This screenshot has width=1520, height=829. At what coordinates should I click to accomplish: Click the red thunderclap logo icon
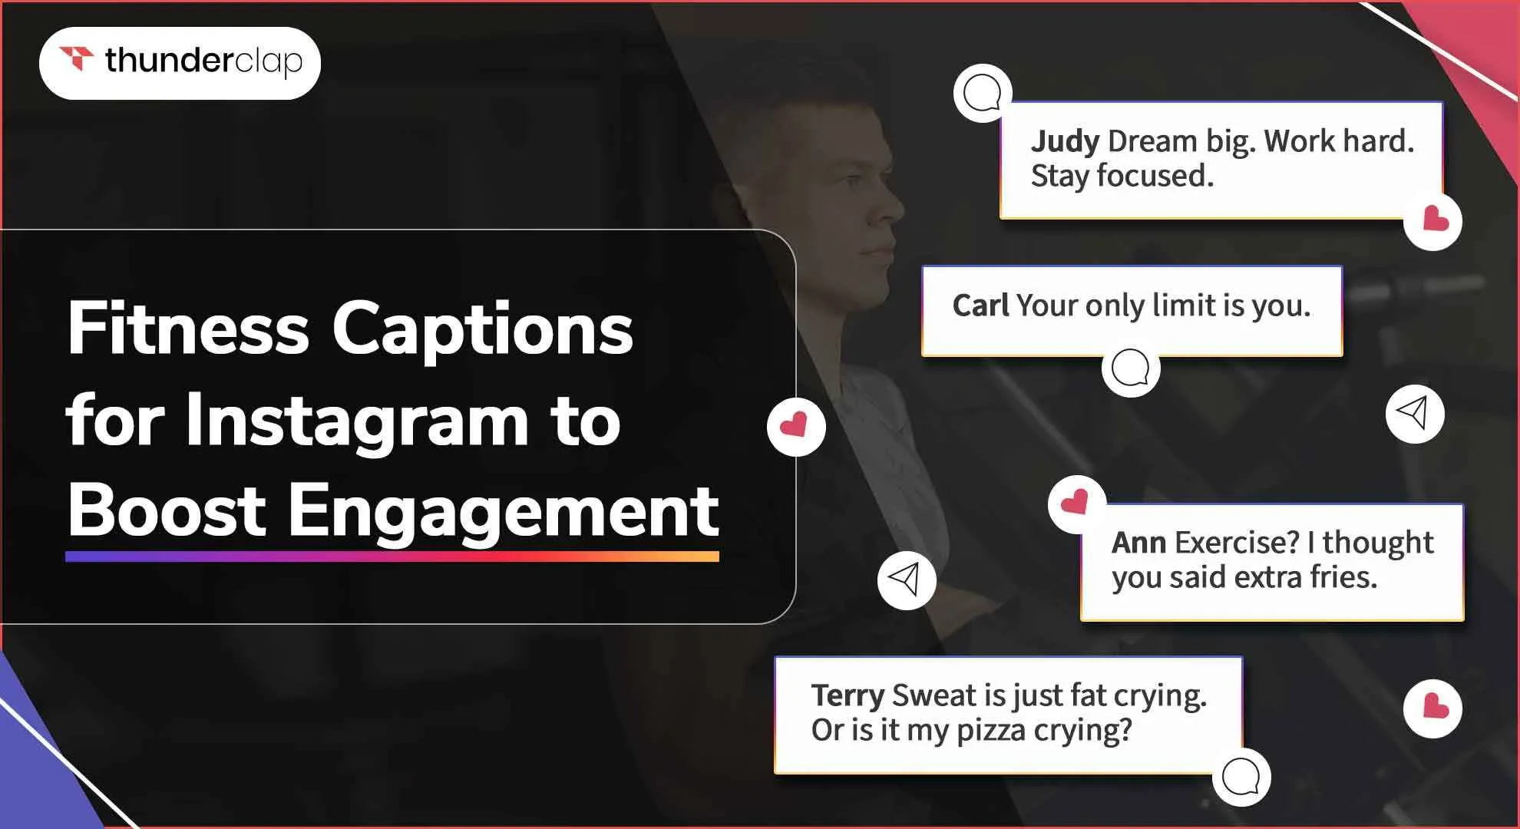[76, 58]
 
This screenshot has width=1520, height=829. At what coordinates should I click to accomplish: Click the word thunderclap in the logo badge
[203, 61]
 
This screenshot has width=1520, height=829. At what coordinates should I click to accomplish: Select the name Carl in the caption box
[980, 306]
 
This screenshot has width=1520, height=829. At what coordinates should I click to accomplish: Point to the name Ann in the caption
[1138, 543]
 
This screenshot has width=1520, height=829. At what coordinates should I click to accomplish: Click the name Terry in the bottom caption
[848, 696]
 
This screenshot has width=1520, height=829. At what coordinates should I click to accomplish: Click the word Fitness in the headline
[189, 329]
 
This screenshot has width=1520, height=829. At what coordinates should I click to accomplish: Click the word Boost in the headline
[167, 510]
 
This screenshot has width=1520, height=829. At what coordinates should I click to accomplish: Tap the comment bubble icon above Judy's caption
[982, 93]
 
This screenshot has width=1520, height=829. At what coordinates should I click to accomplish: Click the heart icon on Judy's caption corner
[1432, 221]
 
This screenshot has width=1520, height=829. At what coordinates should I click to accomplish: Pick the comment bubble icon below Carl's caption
[1130, 368]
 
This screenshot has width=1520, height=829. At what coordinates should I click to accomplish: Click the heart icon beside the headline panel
[796, 427]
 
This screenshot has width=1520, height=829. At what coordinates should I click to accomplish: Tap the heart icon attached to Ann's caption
[1076, 504]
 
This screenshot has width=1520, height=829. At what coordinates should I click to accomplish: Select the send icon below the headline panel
[907, 580]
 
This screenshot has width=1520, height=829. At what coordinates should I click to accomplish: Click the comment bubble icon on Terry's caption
[1241, 777]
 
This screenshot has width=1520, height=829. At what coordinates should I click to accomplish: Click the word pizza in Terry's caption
[991, 730]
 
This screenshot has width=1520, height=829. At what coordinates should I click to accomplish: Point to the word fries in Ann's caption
[1343, 577]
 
